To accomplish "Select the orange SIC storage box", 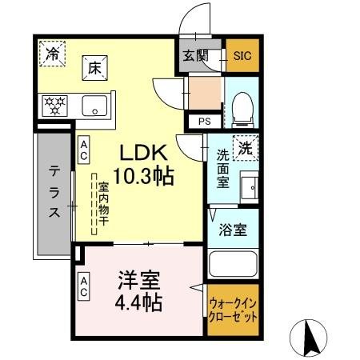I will pyautogui.click(x=242, y=55).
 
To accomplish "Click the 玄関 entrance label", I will pyautogui.click(x=194, y=55).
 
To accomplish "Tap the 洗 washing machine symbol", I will pyautogui.click(x=247, y=147).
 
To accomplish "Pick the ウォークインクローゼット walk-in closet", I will pyautogui.click(x=233, y=311).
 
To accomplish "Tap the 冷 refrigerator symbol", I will pyautogui.click(x=51, y=55).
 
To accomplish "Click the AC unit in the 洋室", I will pyautogui.click(x=83, y=287).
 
